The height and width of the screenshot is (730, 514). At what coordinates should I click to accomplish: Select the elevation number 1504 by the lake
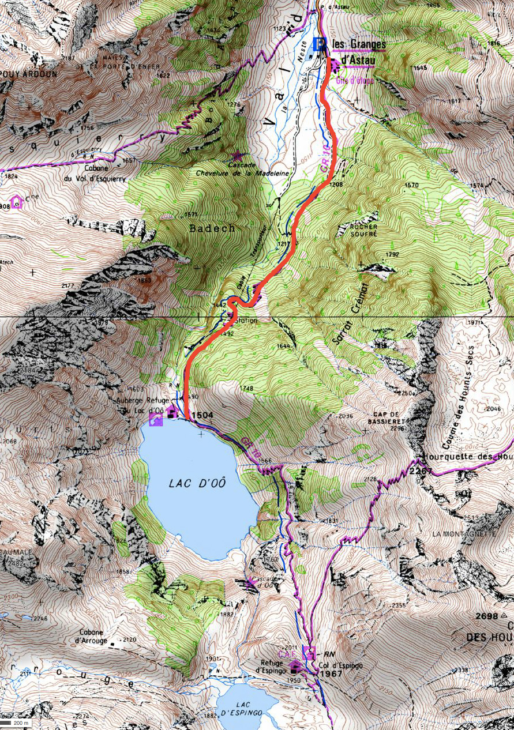[202, 415]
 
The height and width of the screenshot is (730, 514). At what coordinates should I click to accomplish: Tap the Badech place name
[212, 228]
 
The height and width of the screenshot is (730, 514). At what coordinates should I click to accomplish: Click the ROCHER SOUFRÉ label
[363, 231]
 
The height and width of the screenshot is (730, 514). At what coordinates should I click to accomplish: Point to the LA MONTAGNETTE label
[463, 534]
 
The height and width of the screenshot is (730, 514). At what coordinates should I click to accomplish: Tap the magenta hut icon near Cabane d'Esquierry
[16, 202]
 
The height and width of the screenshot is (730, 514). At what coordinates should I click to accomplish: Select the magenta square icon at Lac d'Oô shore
[155, 421]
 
